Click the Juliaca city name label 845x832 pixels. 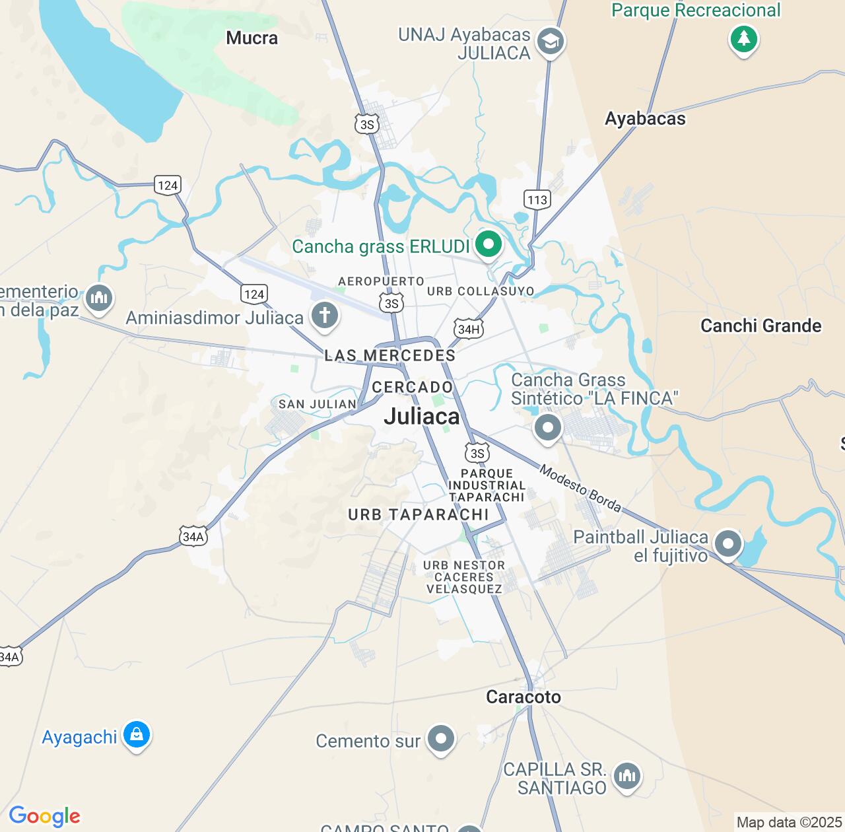(x=421, y=416)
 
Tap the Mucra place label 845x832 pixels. (x=252, y=38)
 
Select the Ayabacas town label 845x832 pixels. (x=645, y=119)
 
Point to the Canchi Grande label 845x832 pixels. (x=760, y=326)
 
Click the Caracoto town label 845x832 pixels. (x=523, y=697)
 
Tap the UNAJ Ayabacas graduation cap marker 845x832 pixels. (x=551, y=42)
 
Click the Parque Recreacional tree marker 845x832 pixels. (x=743, y=39)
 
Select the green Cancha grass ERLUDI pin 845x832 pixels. (x=489, y=245)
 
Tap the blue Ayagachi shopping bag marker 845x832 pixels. (x=137, y=734)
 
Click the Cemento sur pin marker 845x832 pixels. (x=440, y=739)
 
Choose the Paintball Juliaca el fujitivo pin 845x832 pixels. (x=727, y=545)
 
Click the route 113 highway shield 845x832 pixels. (x=537, y=199)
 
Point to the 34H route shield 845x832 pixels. (x=468, y=329)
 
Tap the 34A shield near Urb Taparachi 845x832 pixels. (x=193, y=536)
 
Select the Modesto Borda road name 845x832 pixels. (x=580, y=489)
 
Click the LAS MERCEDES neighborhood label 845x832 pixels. (x=389, y=355)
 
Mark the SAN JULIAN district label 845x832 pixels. (x=317, y=404)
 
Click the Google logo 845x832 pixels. (x=44, y=816)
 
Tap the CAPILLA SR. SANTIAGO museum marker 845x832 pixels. (x=626, y=776)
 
